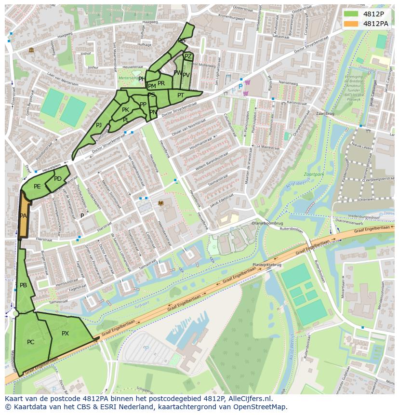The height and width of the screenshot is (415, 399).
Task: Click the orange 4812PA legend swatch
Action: tap(352, 24)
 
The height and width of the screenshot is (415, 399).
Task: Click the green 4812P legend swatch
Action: tap(352, 14)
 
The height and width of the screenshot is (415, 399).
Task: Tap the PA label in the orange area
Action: tap(23, 216)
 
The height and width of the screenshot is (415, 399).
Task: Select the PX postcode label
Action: tap(66, 333)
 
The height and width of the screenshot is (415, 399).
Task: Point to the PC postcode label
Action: tap(30, 342)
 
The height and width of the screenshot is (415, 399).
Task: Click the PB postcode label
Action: tap(23, 285)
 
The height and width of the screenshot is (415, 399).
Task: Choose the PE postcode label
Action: tap(37, 186)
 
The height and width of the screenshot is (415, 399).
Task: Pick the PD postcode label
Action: tap(58, 179)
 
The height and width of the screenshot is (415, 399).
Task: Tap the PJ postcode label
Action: tap(99, 125)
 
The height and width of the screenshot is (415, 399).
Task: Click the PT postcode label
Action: tap(180, 95)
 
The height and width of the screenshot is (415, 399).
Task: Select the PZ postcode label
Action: tap(188, 56)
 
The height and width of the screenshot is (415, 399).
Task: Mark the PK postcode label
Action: tap(125, 110)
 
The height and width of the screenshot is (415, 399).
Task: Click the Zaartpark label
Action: tap(314, 174)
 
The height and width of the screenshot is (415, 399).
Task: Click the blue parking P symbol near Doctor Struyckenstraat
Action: tap(240, 87)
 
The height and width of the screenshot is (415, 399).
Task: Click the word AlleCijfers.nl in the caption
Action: tap(251, 399)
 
